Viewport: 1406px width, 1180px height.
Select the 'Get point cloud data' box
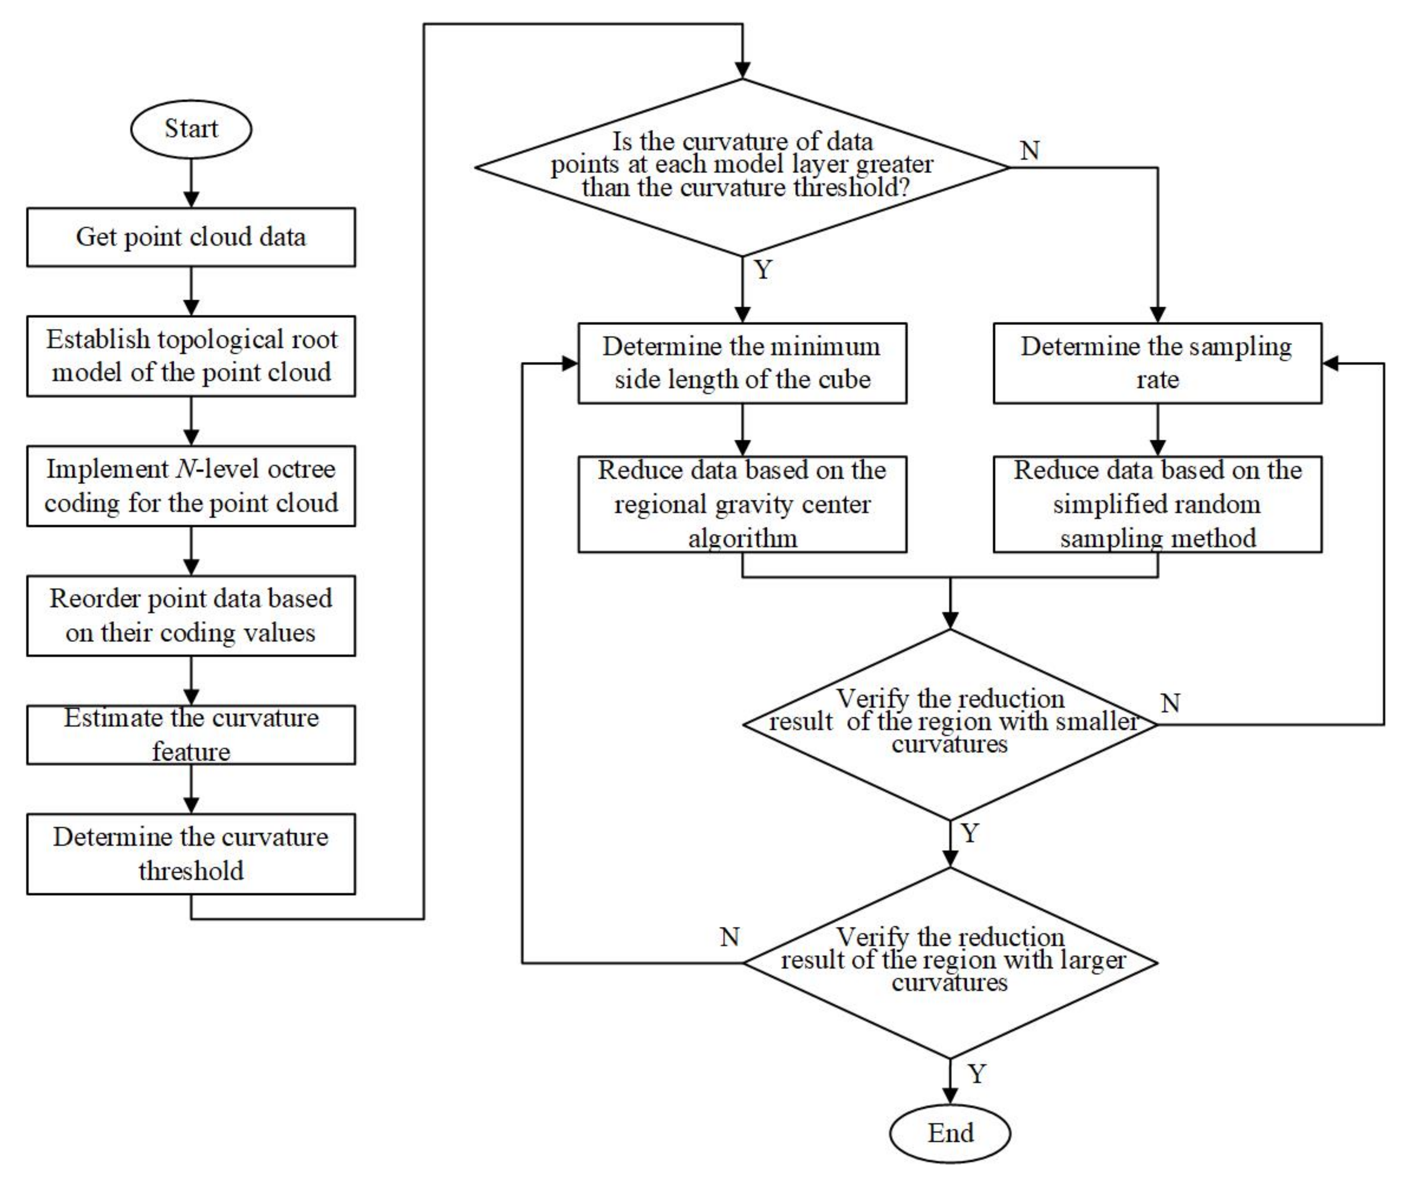(x=191, y=237)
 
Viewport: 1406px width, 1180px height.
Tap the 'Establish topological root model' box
(x=191, y=356)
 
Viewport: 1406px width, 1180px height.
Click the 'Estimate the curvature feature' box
(x=191, y=734)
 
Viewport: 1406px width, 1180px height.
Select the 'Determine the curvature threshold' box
(x=191, y=854)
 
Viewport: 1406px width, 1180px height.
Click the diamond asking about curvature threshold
(x=742, y=168)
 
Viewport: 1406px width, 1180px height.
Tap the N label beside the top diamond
(x=1030, y=151)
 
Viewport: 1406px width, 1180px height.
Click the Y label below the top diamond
(x=763, y=270)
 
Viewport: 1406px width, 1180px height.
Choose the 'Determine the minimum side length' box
(x=742, y=363)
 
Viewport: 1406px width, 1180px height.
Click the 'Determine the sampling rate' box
(x=1157, y=363)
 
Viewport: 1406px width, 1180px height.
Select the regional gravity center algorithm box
(x=742, y=504)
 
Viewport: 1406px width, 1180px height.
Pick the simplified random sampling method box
(x=1157, y=504)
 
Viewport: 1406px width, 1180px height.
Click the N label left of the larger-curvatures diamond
(x=729, y=937)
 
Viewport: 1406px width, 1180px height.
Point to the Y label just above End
(x=977, y=1074)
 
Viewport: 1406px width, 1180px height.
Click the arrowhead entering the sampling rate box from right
(x=1331, y=363)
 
